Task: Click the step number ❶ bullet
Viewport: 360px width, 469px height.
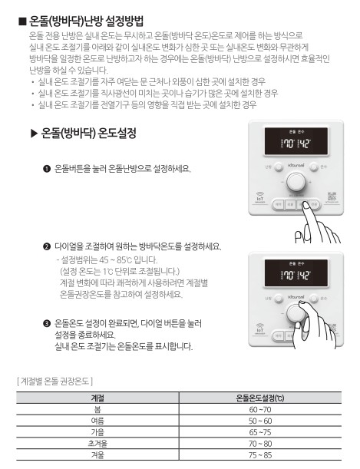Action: point(48,169)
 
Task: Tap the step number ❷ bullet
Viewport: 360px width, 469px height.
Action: point(48,246)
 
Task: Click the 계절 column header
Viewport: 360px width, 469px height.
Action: point(97,398)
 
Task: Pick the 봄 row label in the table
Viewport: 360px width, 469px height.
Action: point(97,410)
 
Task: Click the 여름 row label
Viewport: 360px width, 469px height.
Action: point(97,421)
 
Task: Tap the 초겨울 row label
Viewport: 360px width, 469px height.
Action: point(97,443)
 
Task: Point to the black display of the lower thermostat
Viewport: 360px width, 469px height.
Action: point(296,273)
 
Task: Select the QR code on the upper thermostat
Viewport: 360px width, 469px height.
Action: point(332,197)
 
